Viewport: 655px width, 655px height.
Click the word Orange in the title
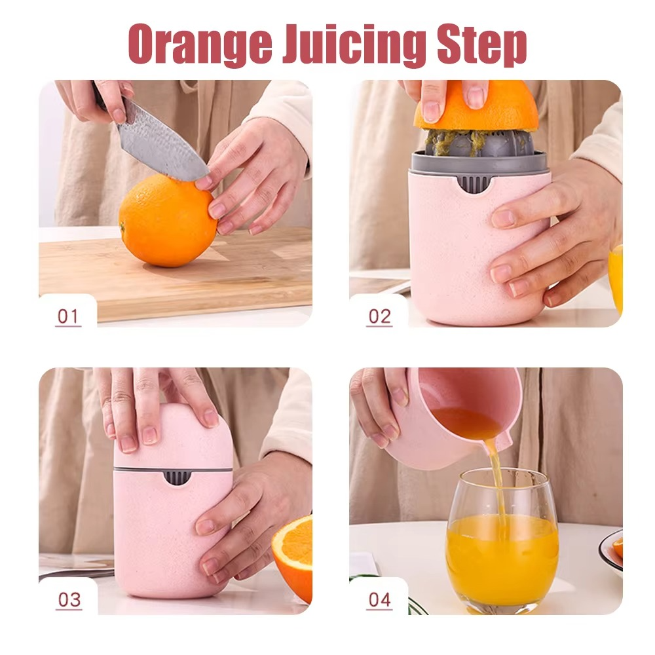click(x=199, y=45)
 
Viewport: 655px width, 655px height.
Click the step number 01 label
click(x=68, y=316)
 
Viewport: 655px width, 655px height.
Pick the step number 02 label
click(x=379, y=316)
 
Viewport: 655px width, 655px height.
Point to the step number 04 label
click(x=379, y=599)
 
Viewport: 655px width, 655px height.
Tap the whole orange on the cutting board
click(x=168, y=221)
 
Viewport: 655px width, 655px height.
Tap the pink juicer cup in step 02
click(x=452, y=249)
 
